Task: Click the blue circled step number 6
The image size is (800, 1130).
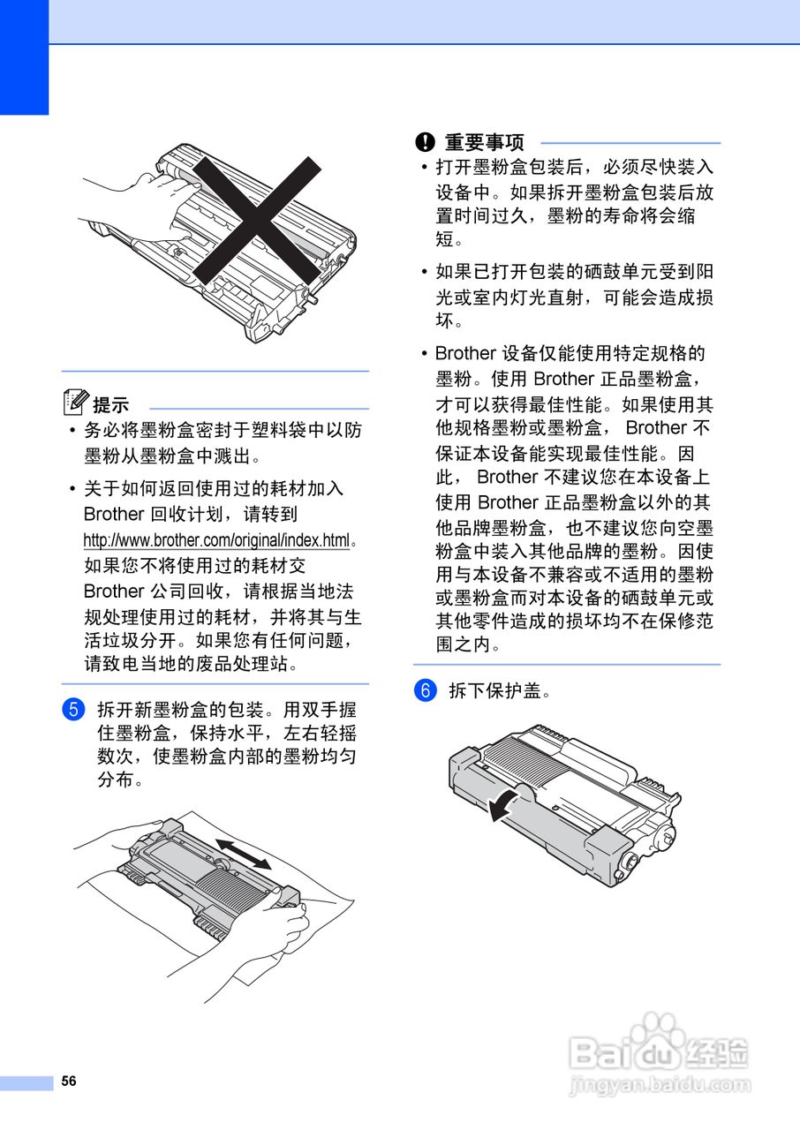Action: coord(426,690)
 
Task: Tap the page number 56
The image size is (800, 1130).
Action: coord(69,1081)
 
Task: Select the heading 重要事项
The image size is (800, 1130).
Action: coord(484,142)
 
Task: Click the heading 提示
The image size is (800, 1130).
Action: coord(111,405)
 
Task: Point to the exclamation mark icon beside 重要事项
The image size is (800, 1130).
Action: coord(426,142)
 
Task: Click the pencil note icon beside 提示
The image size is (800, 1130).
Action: coord(76,403)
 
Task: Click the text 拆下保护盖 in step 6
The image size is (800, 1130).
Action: coord(500,691)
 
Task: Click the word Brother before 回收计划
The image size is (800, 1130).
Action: coord(113,514)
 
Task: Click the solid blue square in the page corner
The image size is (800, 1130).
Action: coord(24,57)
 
